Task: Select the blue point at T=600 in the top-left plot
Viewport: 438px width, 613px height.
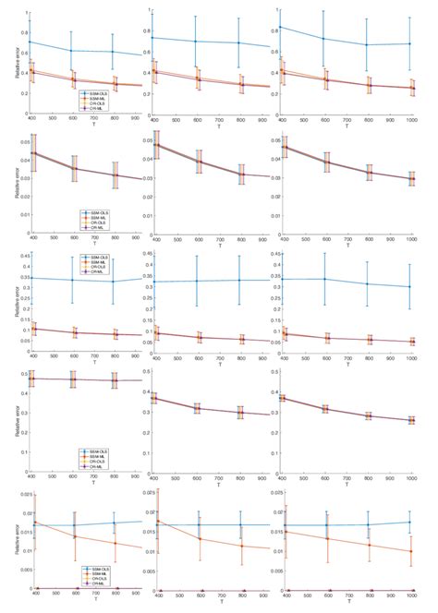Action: coord(72,51)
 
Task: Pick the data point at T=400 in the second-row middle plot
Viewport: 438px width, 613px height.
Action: coord(155,144)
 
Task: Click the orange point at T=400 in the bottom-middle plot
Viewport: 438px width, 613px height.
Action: coord(155,522)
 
